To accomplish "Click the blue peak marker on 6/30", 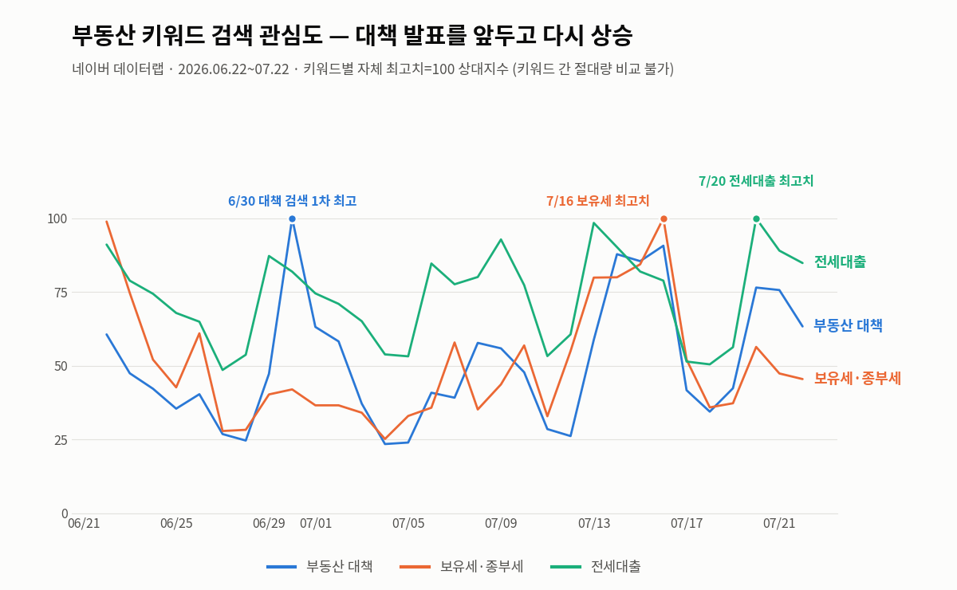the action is point(292,219).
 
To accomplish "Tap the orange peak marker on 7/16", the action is point(664,219).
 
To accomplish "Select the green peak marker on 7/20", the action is point(756,219).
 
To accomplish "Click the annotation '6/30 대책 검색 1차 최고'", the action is point(292,201).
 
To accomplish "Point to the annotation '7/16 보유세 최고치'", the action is point(597,201).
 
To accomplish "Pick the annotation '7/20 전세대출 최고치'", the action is point(756,181).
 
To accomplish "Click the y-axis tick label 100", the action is point(57,219).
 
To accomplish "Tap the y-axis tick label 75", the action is point(61,293).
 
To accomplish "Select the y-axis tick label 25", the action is point(61,440).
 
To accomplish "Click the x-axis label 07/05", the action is point(408,523).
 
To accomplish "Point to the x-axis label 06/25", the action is point(176,523).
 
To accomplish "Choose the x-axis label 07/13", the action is point(594,523).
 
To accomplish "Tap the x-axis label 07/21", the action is point(779,523).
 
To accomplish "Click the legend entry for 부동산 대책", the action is point(320,567).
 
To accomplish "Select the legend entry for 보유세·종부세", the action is point(462,567).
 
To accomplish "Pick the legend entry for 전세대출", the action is point(596,567).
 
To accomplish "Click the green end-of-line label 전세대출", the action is point(840,262).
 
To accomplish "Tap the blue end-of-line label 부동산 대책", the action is point(848,325).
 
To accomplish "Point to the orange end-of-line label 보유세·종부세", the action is point(857,379).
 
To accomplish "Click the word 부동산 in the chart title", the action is point(104,35).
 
